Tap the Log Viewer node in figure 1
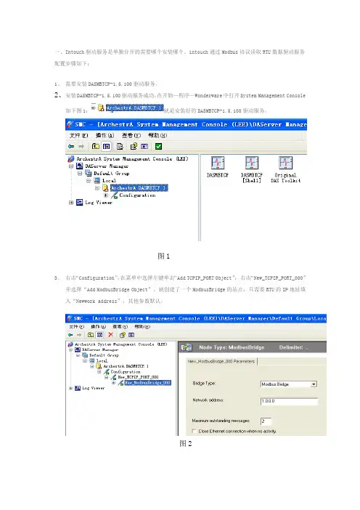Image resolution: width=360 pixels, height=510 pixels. pos(94,203)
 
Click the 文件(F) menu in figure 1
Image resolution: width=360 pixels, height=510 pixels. pos(78,135)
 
